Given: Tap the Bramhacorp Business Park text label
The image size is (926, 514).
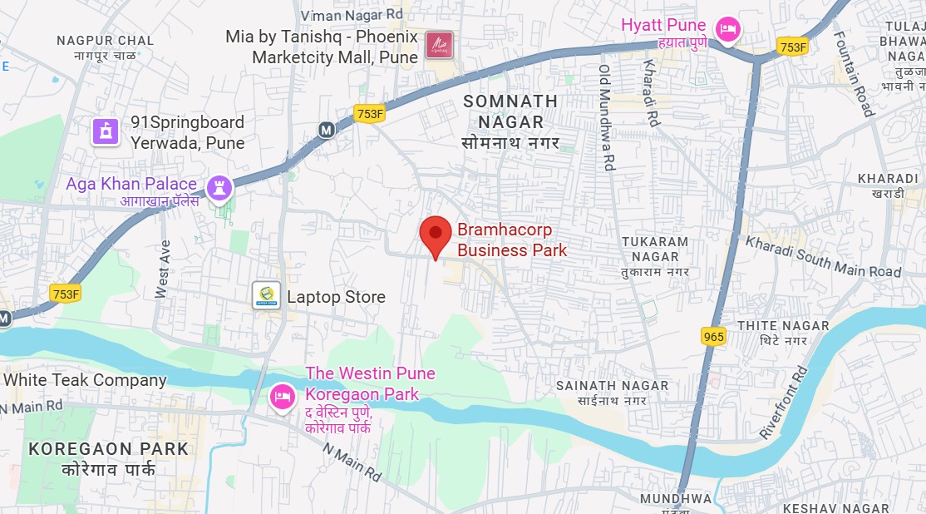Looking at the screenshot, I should coord(512,240).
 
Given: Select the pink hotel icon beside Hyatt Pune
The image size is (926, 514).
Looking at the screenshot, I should coord(728,29).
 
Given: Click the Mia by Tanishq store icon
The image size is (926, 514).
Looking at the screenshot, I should coord(439,45).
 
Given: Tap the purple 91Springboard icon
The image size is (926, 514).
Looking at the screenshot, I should coord(106,131).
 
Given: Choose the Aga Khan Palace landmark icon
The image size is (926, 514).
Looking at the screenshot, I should coord(220,187).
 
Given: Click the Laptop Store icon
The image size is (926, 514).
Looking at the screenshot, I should coord(266,296).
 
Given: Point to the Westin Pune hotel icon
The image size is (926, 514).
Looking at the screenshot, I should coord(283,396).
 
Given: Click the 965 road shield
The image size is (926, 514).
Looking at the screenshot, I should coord(713,336).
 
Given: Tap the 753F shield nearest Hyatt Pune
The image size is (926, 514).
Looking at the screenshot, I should coord(793,47).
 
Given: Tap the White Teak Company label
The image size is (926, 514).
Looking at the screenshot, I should coord(85,380).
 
